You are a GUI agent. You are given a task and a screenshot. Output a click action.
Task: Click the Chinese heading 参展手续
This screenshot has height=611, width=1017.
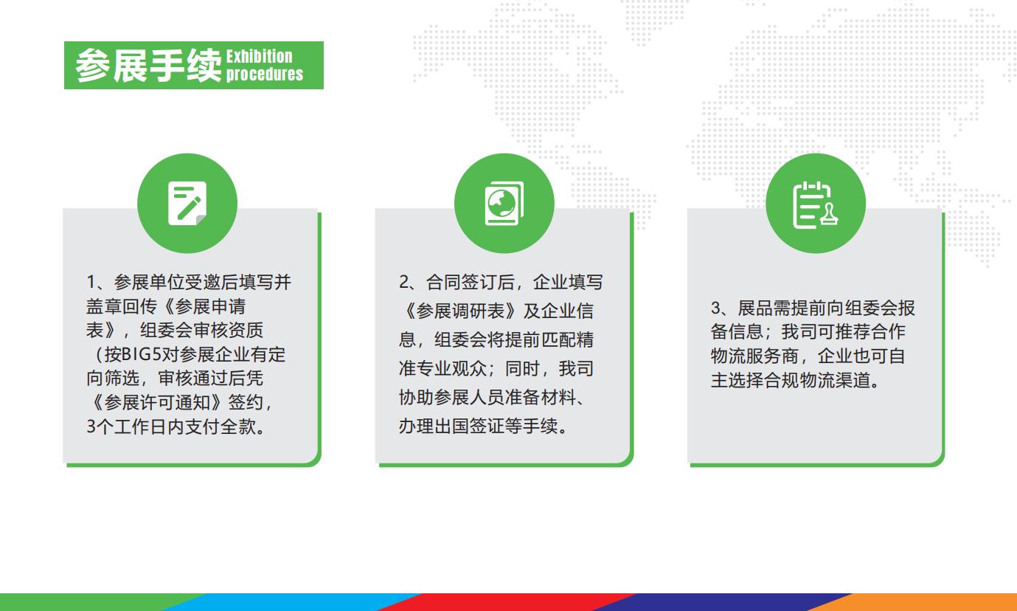[148, 66]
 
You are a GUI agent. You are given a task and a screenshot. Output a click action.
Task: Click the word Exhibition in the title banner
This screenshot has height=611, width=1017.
[260, 57]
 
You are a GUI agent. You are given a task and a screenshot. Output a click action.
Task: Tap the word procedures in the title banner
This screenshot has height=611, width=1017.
[265, 74]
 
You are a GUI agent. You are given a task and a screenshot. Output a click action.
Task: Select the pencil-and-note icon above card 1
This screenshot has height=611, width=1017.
[187, 203]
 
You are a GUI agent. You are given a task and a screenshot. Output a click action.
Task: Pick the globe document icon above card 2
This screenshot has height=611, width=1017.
[504, 203]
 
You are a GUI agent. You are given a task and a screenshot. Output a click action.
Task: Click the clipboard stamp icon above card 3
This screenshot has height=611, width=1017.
[816, 203]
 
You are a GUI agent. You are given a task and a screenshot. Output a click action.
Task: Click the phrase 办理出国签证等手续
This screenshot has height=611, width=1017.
[483, 427]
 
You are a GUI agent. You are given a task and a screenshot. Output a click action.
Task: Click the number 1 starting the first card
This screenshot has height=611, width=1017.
[91, 283]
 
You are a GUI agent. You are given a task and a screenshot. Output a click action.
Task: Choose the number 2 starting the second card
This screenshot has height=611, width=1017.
[403, 283]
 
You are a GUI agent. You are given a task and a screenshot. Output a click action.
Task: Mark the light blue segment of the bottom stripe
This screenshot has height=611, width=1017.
[288, 602]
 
